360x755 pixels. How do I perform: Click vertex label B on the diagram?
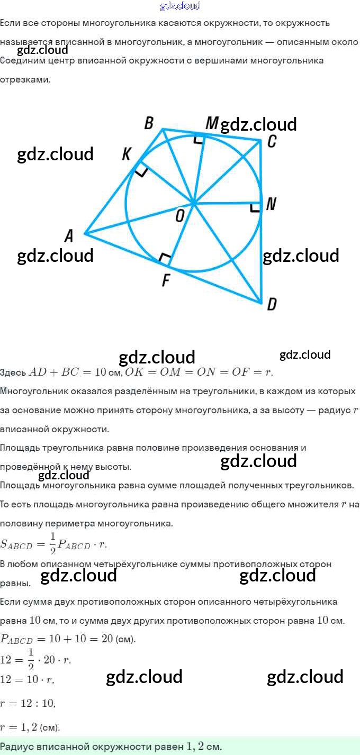click(149, 123)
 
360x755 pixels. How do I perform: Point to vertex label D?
click(272, 304)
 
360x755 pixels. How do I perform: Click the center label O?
click(180, 215)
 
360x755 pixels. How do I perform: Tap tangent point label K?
click(127, 153)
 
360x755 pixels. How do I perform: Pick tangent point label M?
click(211, 123)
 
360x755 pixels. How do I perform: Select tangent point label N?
click(271, 204)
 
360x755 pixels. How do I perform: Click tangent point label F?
click(166, 280)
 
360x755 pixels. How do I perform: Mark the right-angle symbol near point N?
click(255, 207)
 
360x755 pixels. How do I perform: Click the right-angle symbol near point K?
click(141, 170)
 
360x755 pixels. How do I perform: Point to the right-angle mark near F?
click(165, 259)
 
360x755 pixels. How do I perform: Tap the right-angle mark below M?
click(198, 139)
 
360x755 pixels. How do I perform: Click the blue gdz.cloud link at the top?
click(179, 6)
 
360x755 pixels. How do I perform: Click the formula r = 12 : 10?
click(28, 704)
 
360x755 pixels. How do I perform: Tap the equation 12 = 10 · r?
click(27, 680)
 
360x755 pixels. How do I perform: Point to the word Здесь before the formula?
click(13, 372)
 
